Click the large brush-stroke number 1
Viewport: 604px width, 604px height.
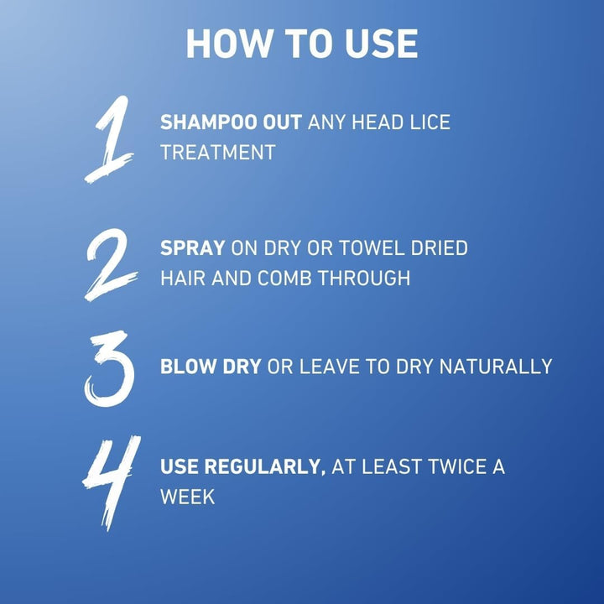coord(109,139)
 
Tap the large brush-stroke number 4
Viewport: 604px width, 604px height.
coord(109,482)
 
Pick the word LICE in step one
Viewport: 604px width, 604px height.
coord(430,122)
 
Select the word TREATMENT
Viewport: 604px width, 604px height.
coord(217,152)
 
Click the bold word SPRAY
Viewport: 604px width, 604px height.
coord(192,249)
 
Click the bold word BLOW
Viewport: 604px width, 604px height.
coord(185,367)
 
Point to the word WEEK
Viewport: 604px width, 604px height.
coord(187,496)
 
